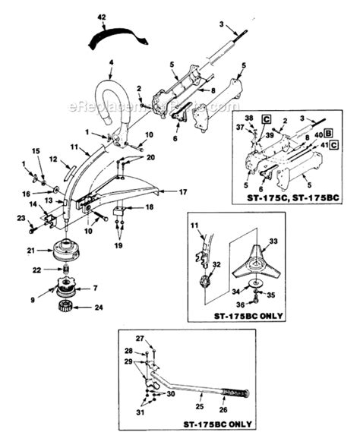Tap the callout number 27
pyautogui.click(x=140, y=338)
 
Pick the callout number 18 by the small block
pyautogui.click(x=149, y=207)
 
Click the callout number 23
pyautogui.click(x=20, y=219)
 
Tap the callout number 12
pyautogui.click(x=54, y=159)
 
